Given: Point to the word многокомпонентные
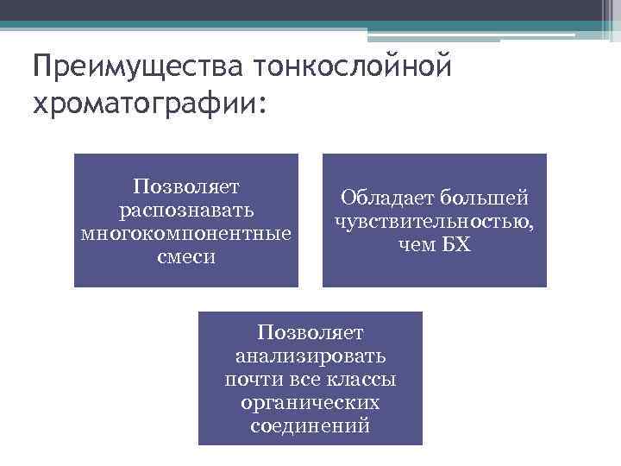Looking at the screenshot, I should tap(186, 233).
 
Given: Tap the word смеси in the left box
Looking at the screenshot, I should tap(186, 256).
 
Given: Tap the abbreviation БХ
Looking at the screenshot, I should tap(458, 245).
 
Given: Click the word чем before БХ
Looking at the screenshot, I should tap(417, 245).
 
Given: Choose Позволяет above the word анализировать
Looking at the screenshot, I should tap(310, 332).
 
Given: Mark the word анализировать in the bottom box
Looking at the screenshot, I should tap(310, 356).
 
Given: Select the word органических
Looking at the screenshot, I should tap(310, 403).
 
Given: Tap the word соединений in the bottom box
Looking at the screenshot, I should tap(310, 426).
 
